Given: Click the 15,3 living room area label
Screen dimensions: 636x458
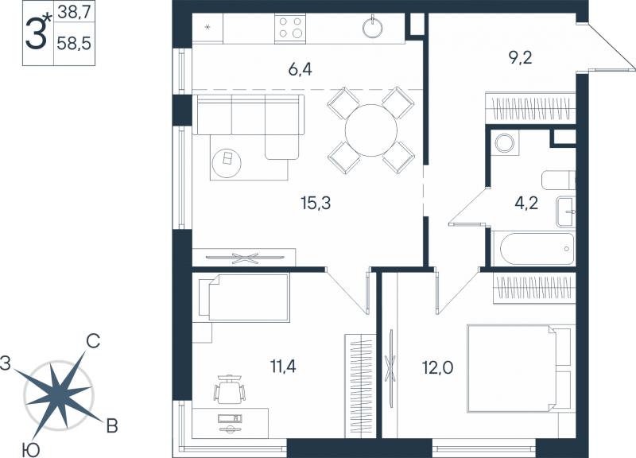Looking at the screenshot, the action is tap(316, 203).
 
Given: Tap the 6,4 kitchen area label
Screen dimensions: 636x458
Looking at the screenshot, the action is tap(301, 70).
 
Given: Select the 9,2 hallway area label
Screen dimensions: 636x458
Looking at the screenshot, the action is tap(521, 58).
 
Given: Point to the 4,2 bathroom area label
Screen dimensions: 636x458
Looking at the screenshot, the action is tap(526, 203).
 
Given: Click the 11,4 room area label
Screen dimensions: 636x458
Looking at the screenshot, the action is tap(283, 367).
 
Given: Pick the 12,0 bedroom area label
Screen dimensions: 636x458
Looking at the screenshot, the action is tap(438, 368).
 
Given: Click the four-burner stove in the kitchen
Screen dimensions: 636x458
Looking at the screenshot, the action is tap(289, 28).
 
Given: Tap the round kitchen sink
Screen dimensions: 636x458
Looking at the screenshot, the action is tap(373, 28).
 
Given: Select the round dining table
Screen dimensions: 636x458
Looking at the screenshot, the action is tap(370, 130).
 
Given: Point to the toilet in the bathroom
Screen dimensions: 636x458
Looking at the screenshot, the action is tap(559, 180).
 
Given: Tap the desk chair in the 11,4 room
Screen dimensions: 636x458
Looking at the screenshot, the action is tap(230, 390).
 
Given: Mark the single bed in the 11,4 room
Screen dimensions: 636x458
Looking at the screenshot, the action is tap(244, 297).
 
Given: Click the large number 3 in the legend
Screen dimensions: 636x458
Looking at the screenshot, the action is tap(36, 33).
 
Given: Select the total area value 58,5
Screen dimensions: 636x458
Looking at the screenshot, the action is tap(74, 42).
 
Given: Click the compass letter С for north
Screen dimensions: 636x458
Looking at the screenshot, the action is tap(93, 342).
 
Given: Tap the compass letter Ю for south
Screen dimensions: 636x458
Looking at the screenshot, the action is tap(31, 449).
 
